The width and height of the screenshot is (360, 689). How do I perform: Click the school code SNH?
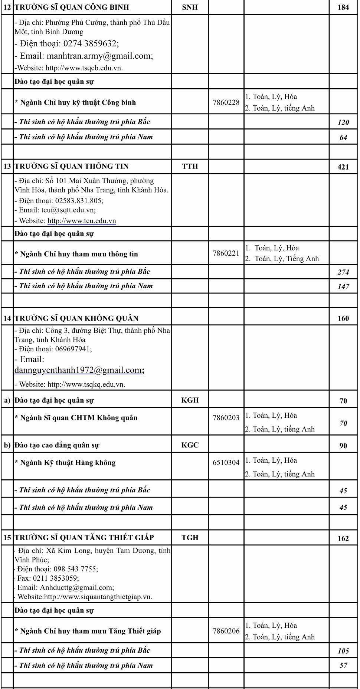(x=190, y=7)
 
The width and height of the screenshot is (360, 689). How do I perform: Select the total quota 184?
(x=343, y=7)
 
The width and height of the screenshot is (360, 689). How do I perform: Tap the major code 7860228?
(x=226, y=102)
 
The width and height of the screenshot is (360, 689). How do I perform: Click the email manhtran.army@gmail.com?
(x=99, y=56)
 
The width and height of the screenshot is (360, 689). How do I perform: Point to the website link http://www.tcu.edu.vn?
(x=82, y=221)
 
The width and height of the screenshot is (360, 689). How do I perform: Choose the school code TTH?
(x=190, y=166)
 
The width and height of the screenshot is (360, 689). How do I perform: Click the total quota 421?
(x=343, y=167)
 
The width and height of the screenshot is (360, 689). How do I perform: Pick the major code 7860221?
(x=226, y=253)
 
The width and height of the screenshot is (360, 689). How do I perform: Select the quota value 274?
(x=343, y=272)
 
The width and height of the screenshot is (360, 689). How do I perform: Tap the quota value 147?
(x=343, y=286)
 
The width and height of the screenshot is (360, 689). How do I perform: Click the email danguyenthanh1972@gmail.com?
(x=78, y=370)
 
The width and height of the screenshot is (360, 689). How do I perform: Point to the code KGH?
(x=190, y=400)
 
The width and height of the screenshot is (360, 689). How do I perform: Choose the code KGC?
(x=190, y=445)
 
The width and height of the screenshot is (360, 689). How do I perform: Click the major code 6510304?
(x=226, y=463)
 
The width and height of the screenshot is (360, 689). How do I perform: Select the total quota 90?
(x=343, y=446)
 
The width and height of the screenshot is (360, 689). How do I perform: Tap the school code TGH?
(x=190, y=538)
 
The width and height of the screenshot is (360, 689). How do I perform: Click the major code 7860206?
(x=226, y=631)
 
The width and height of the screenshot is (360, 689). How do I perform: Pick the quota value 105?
(x=343, y=651)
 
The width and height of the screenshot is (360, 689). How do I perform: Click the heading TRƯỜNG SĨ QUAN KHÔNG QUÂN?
(x=76, y=318)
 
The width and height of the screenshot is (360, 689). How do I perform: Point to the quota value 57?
(x=343, y=665)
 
